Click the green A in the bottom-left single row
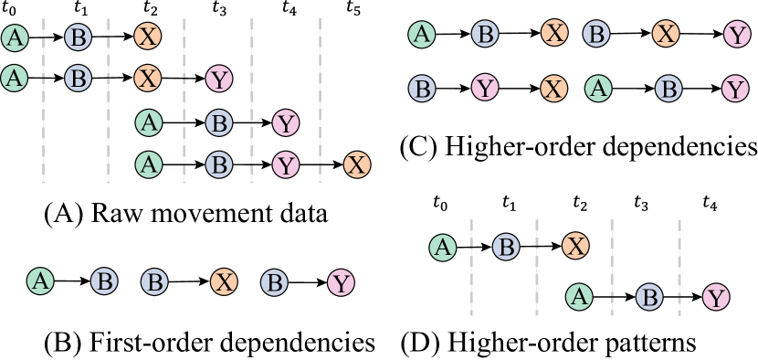[x=40, y=281]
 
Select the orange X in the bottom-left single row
[x=224, y=281]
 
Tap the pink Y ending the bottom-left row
[x=341, y=283]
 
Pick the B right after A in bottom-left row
[x=104, y=281]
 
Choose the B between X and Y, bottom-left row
[x=274, y=281]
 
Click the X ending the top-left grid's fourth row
[x=357, y=165]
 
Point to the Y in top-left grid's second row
[x=218, y=79]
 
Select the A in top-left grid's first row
[x=14, y=37]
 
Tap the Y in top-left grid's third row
[x=286, y=123]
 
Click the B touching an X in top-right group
[x=595, y=35]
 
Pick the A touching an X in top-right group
[x=597, y=89]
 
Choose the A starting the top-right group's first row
[x=421, y=35]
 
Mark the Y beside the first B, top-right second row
[x=485, y=89]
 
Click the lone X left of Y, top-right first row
[x=666, y=35]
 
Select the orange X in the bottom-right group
[x=574, y=246]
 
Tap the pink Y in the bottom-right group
[x=716, y=297]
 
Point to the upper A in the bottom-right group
[x=443, y=247]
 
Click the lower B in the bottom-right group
[x=648, y=297]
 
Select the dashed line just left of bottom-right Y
[x=679, y=267]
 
